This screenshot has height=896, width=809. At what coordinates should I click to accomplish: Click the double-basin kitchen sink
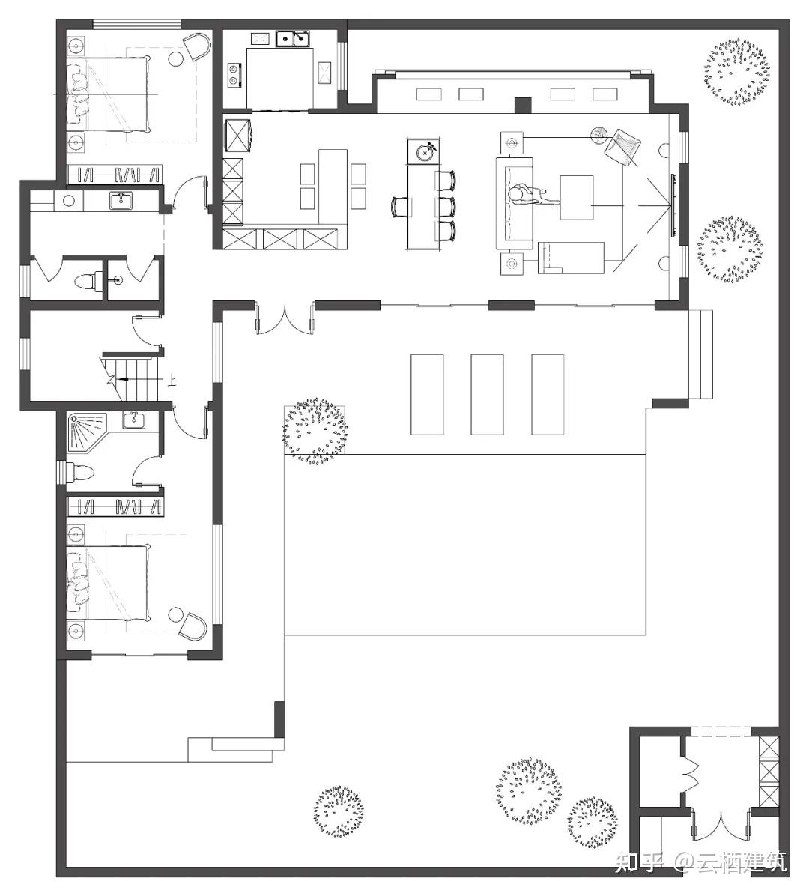[x=294, y=39]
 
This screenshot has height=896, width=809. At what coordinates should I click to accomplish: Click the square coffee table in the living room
[x=577, y=198]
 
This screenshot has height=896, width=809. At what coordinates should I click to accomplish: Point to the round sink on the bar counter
[x=425, y=152]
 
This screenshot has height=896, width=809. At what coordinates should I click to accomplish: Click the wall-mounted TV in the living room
[x=674, y=205]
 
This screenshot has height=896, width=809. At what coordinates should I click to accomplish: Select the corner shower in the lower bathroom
[x=88, y=432]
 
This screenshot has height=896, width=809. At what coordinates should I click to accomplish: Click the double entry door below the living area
[x=284, y=319]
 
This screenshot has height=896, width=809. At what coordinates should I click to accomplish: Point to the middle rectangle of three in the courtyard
[x=487, y=394]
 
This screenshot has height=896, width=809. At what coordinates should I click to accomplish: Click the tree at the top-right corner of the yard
[x=737, y=71]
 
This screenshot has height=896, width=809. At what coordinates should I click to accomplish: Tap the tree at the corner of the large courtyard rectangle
[x=315, y=432]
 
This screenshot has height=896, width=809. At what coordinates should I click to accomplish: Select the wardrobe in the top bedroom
[x=115, y=175]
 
